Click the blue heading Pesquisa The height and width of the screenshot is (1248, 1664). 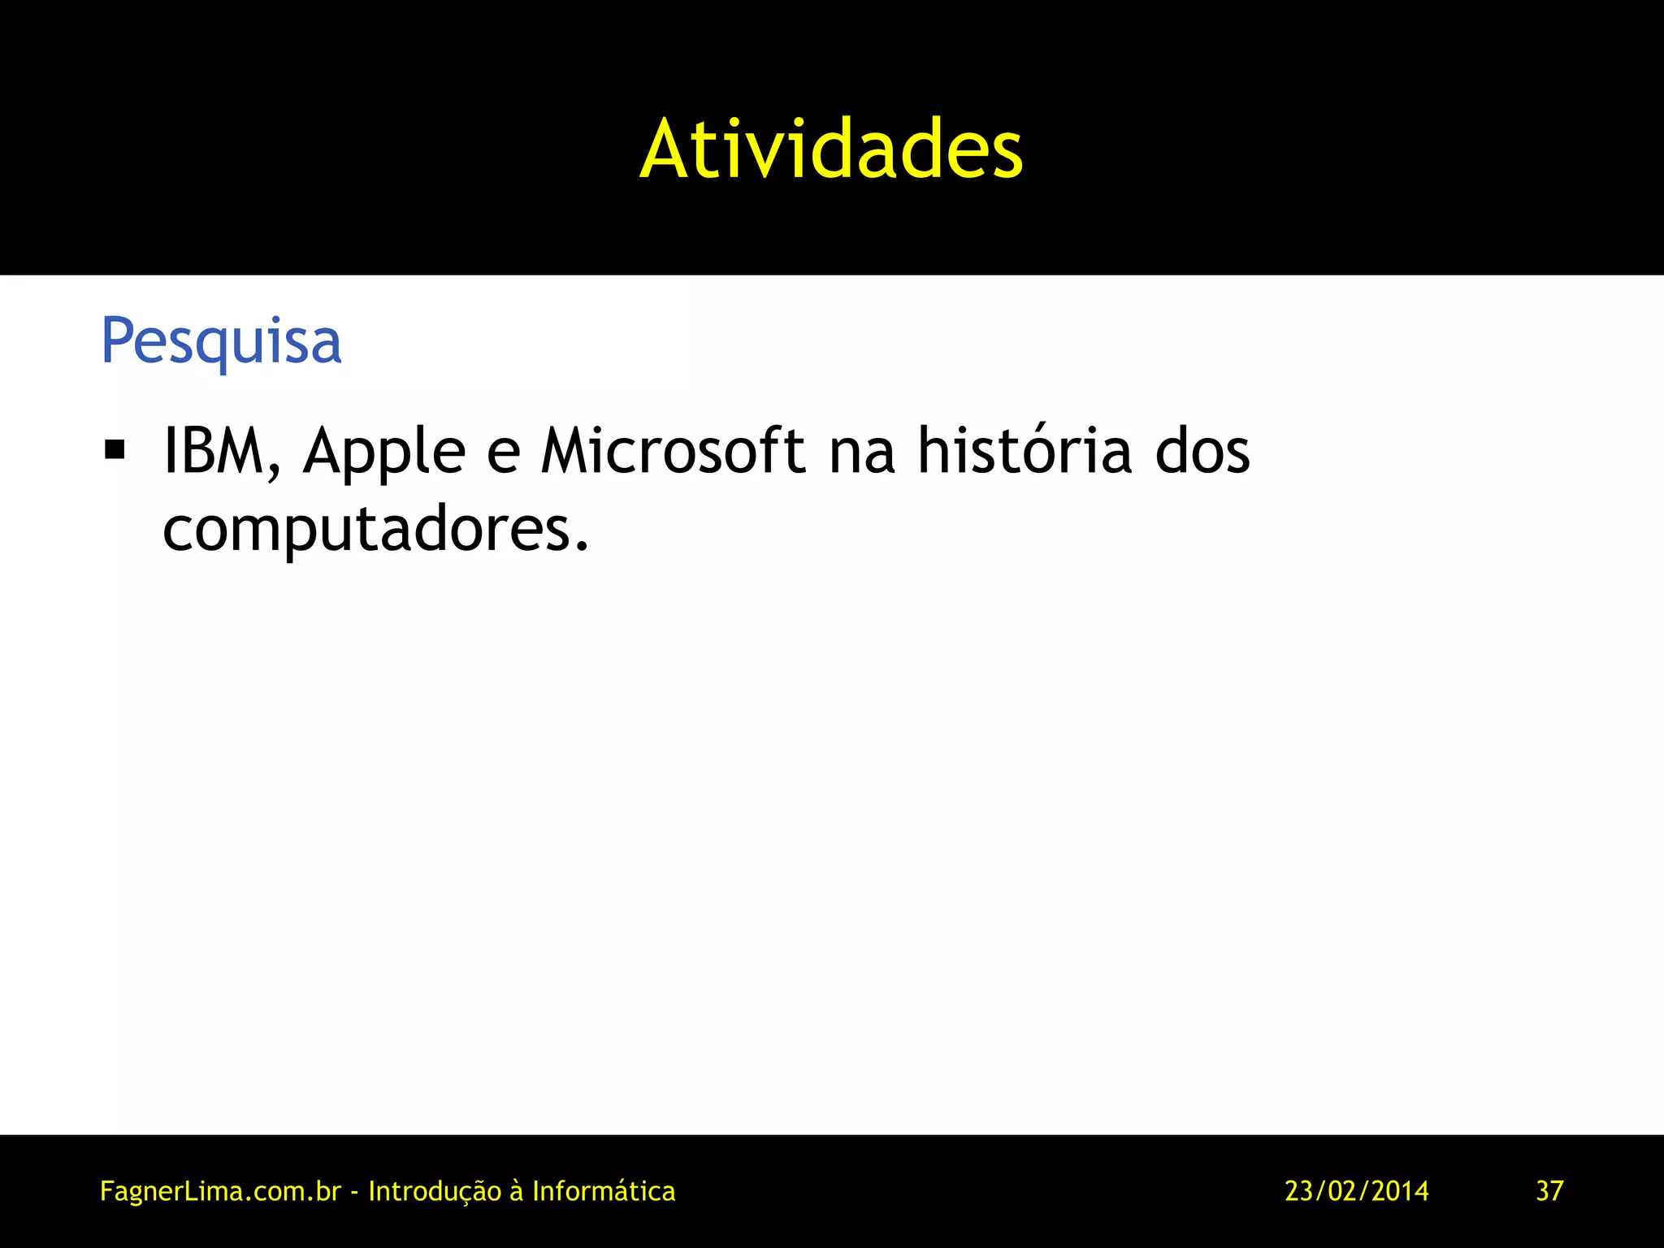pos(221,341)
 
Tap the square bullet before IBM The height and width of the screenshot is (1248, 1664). pos(115,450)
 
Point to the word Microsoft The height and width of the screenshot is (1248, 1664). pos(674,451)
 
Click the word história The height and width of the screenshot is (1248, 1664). pos(1024,451)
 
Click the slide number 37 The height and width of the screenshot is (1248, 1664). pos(1549,1191)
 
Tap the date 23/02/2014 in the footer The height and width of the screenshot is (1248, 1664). pos(1357,1191)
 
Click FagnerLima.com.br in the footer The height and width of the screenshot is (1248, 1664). pos(220,1191)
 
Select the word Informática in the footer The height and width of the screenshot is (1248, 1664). pos(604,1191)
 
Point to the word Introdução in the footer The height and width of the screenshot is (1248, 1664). pos(435,1191)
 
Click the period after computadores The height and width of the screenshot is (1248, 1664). pos(580,548)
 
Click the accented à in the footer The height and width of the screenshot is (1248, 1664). pos(517,1191)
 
